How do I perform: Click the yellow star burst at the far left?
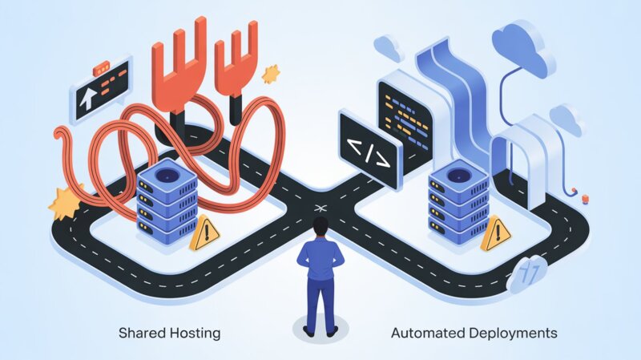pyautogui.click(x=64, y=202)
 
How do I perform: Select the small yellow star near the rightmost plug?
pyautogui.click(x=271, y=73)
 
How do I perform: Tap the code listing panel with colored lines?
pyautogui.click(x=404, y=108)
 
